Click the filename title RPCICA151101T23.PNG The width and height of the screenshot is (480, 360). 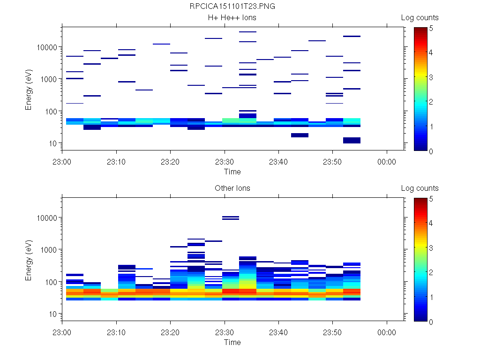pyautogui.click(x=232, y=7)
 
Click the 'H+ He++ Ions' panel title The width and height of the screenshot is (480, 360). pyautogui.click(x=232, y=18)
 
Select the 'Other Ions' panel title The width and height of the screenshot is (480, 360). pyautogui.click(x=232, y=188)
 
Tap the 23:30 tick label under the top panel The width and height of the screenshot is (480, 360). pyautogui.click(x=225, y=162)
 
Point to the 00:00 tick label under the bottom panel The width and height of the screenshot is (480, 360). pyautogui.click(x=387, y=332)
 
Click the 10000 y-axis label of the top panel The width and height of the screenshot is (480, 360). pyautogui.click(x=46, y=47)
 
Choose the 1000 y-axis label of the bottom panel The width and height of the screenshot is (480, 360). pyautogui.click(x=48, y=250)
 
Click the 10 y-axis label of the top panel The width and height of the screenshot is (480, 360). pyautogui.click(x=52, y=143)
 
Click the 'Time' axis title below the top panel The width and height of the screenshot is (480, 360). pyautogui.click(x=232, y=172)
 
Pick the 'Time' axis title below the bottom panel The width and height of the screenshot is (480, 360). pyautogui.click(x=232, y=342)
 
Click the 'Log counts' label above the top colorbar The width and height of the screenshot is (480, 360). pyautogui.click(x=420, y=18)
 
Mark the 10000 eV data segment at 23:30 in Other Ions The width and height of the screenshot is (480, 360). pyautogui.click(x=231, y=217)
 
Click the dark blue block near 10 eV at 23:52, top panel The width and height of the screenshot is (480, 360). pyautogui.click(x=352, y=140)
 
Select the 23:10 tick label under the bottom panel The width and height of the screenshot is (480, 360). pyautogui.click(x=116, y=332)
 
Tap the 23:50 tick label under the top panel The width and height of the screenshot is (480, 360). pyautogui.click(x=333, y=162)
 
